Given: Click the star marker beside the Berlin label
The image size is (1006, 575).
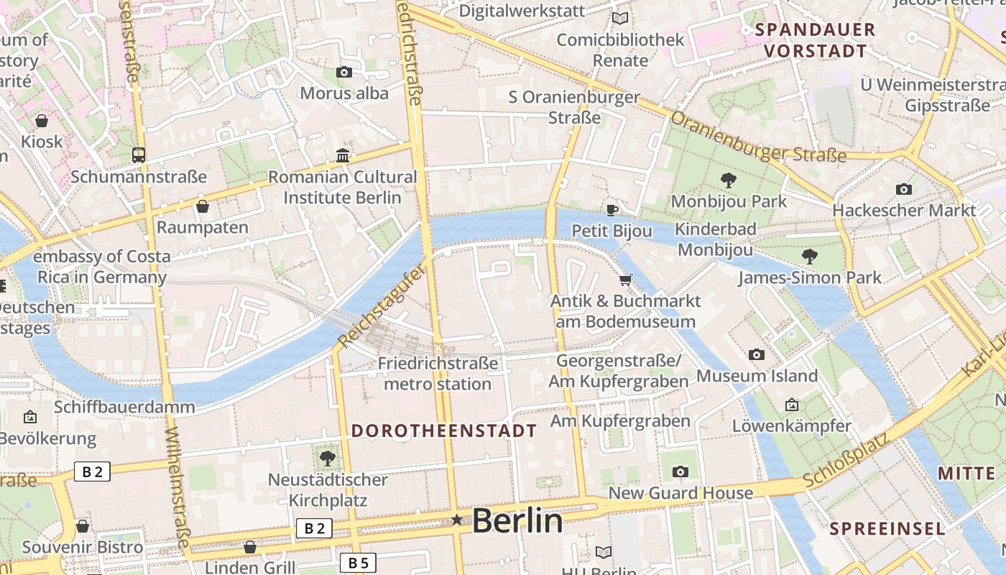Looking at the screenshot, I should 456,520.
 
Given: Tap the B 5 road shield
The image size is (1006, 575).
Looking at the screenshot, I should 357,563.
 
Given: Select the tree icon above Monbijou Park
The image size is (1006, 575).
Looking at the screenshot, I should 728,180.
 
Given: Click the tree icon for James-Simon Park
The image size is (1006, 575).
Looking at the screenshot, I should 809,256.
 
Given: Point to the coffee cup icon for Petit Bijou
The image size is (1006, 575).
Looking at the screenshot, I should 612,210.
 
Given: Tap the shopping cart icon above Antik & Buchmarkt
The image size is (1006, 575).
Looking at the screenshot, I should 625,280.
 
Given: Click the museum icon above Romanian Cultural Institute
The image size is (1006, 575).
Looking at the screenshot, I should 343,155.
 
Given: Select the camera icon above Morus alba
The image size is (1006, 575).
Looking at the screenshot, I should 344,72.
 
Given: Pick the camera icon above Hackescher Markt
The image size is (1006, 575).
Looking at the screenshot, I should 904,189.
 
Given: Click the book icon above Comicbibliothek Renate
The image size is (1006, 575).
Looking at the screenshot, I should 619,18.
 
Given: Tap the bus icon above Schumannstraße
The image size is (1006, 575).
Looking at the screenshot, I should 138,155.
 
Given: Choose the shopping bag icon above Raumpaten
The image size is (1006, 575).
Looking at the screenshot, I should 203,206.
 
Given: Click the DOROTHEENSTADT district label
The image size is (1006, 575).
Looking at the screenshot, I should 443,431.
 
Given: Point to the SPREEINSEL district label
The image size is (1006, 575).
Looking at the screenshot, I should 887,529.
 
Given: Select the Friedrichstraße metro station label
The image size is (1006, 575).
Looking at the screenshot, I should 438,374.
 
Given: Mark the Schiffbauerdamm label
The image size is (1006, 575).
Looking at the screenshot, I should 124,407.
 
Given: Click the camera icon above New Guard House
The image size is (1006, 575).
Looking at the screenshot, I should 680,471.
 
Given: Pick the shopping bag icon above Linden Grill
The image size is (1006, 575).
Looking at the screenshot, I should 250,547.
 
